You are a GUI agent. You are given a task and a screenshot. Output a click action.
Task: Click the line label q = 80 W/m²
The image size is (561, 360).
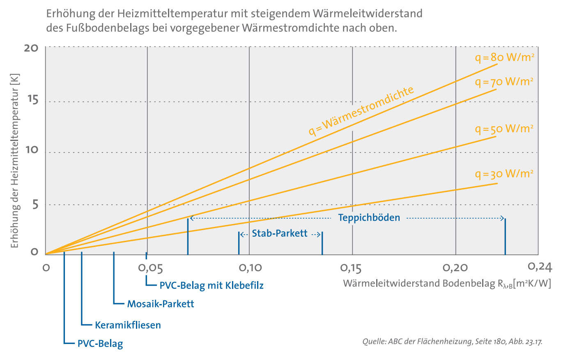click(504, 58)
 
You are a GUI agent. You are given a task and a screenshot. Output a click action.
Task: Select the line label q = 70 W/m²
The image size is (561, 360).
click(504, 82)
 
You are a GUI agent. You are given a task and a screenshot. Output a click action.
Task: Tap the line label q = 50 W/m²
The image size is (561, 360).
click(504, 129)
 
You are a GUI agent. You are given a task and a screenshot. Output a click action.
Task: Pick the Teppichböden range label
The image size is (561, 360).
click(369, 218)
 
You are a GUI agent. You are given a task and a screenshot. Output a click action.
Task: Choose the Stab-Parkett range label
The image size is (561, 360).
click(280, 234)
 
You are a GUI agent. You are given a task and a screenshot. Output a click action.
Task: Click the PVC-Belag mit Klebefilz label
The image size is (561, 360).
click(212, 285)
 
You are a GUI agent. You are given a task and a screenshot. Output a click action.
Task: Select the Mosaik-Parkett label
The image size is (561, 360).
click(161, 305)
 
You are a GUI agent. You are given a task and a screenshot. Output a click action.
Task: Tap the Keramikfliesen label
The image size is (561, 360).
click(128, 325)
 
